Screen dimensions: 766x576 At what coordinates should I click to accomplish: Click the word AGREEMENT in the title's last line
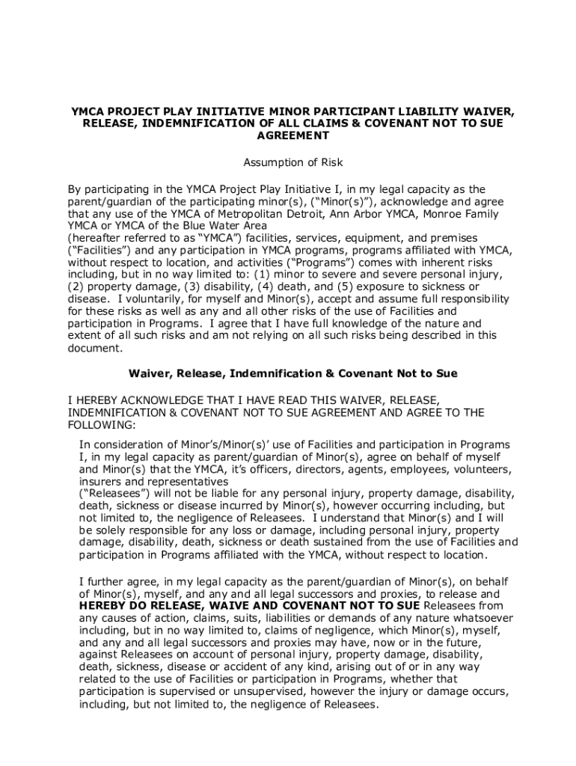pos(292,136)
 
